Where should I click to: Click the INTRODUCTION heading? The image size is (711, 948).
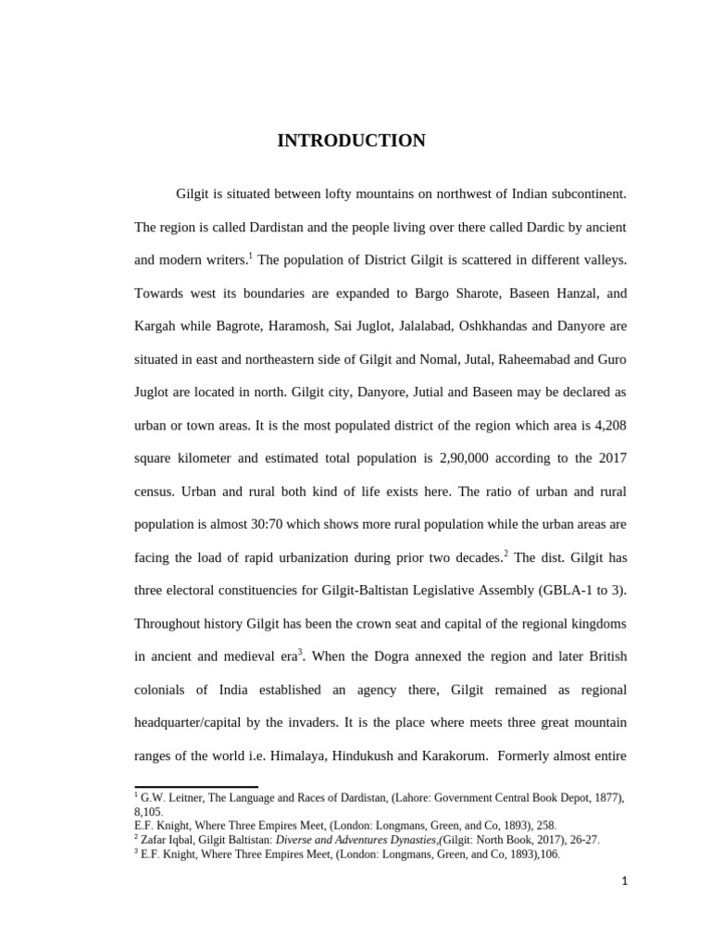click(x=351, y=141)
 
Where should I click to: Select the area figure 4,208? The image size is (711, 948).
click(x=605, y=425)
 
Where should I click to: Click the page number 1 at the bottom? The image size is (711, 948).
click(x=624, y=881)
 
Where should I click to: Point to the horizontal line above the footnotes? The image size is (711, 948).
click(x=196, y=787)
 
